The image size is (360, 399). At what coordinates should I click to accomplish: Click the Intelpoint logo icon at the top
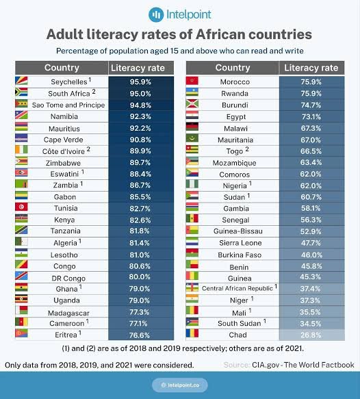(x=156, y=15)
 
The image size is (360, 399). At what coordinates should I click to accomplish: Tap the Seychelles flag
(x=21, y=81)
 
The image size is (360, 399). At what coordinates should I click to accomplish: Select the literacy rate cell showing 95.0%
(x=141, y=93)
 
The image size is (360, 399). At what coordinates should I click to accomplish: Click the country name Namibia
(x=64, y=116)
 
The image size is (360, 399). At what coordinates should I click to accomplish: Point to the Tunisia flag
(x=21, y=207)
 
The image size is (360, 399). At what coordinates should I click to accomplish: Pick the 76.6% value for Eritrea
(x=140, y=335)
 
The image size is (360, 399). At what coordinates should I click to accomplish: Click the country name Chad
(x=237, y=335)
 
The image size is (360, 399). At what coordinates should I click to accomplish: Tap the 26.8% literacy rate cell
(x=311, y=335)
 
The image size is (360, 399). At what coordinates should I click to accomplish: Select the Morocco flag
(x=192, y=81)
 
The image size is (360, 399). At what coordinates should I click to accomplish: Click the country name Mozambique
(x=234, y=163)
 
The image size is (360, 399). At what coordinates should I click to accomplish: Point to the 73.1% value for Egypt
(x=311, y=117)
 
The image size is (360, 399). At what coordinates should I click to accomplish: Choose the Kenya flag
(x=21, y=218)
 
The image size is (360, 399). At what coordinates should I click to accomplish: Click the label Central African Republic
(x=237, y=288)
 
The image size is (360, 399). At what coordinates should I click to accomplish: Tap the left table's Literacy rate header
(x=138, y=68)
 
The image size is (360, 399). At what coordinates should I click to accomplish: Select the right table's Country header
(x=233, y=68)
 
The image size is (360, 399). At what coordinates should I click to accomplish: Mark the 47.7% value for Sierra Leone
(x=311, y=243)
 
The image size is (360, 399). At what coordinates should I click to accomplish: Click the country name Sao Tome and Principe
(x=68, y=105)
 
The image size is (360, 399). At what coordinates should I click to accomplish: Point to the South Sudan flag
(x=192, y=322)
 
